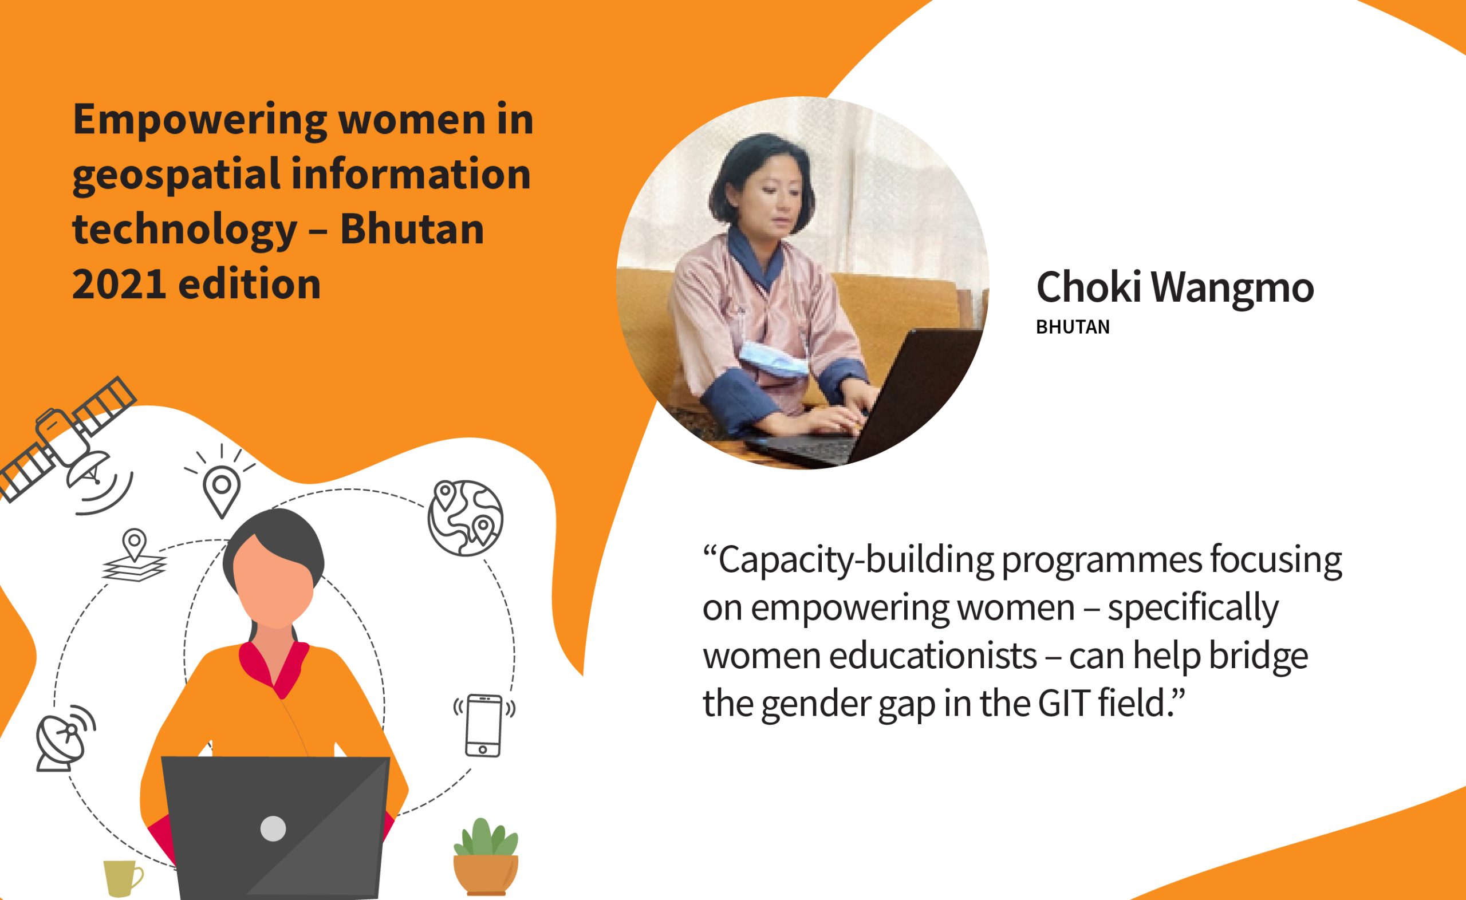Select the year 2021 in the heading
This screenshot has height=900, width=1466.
pos(119,284)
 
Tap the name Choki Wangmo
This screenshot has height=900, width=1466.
pos(1175,287)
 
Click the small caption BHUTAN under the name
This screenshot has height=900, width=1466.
pos(1073,327)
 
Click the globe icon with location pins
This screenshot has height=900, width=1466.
pos(465,518)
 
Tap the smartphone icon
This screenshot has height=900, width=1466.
pos(483,725)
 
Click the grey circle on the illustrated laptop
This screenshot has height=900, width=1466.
pos(273,828)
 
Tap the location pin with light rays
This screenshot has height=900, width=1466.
pos(221,483)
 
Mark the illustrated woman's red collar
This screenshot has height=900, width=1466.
pos(273,667)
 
